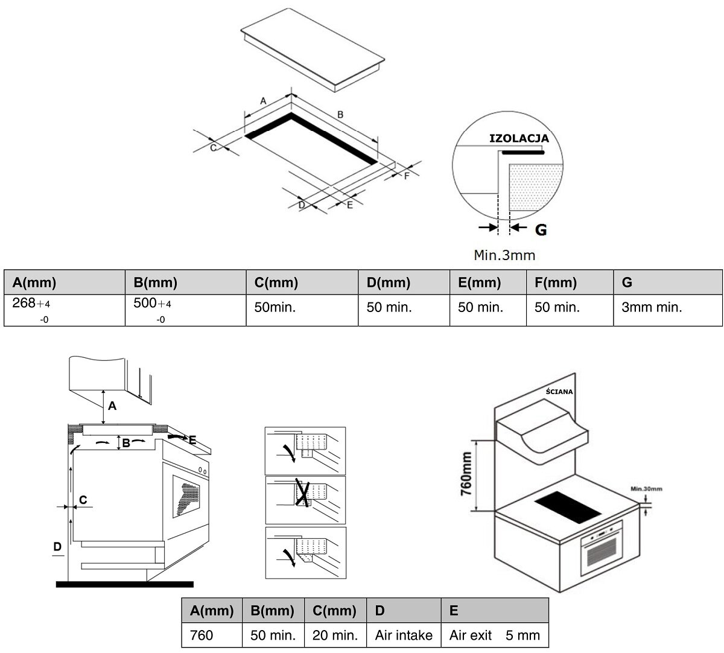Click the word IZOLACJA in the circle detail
[x=519, y=138]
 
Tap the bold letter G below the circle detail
[x=541, y=229]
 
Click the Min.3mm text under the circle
[x=504, y=255]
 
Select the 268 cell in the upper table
[x=65, y=310]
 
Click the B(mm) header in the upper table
[x=155, y=282]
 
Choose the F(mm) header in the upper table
[x=555, y=282]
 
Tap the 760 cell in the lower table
[x=202, y=635]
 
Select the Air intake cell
[x=404, y=635]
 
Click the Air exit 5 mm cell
[x=495, y=635]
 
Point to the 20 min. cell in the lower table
[x=335, y=635]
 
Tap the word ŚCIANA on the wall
[x=559, y=391]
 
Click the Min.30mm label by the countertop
[x=646, y=489]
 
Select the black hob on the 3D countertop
[x=568, y=507]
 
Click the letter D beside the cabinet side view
[x=57, y=547]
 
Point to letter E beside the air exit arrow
[x=192, y=440]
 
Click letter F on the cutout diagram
[x=407, y=176]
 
